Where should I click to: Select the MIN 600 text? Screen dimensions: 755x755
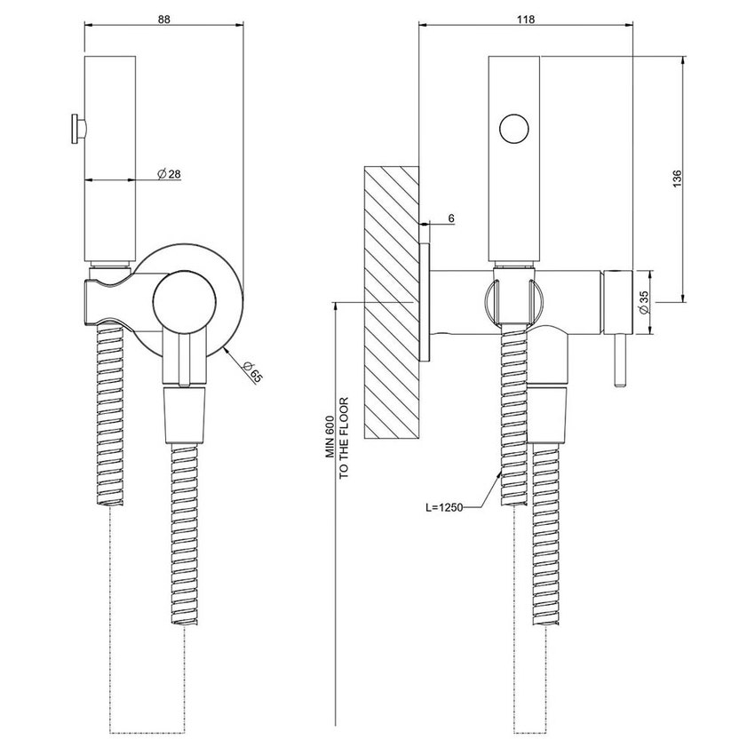(x=328, y=439)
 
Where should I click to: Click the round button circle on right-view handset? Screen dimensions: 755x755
(x=514, y=129)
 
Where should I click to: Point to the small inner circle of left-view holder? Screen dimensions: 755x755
(x=182, y=302)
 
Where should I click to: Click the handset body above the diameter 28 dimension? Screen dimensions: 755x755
(x=110, y=115)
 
